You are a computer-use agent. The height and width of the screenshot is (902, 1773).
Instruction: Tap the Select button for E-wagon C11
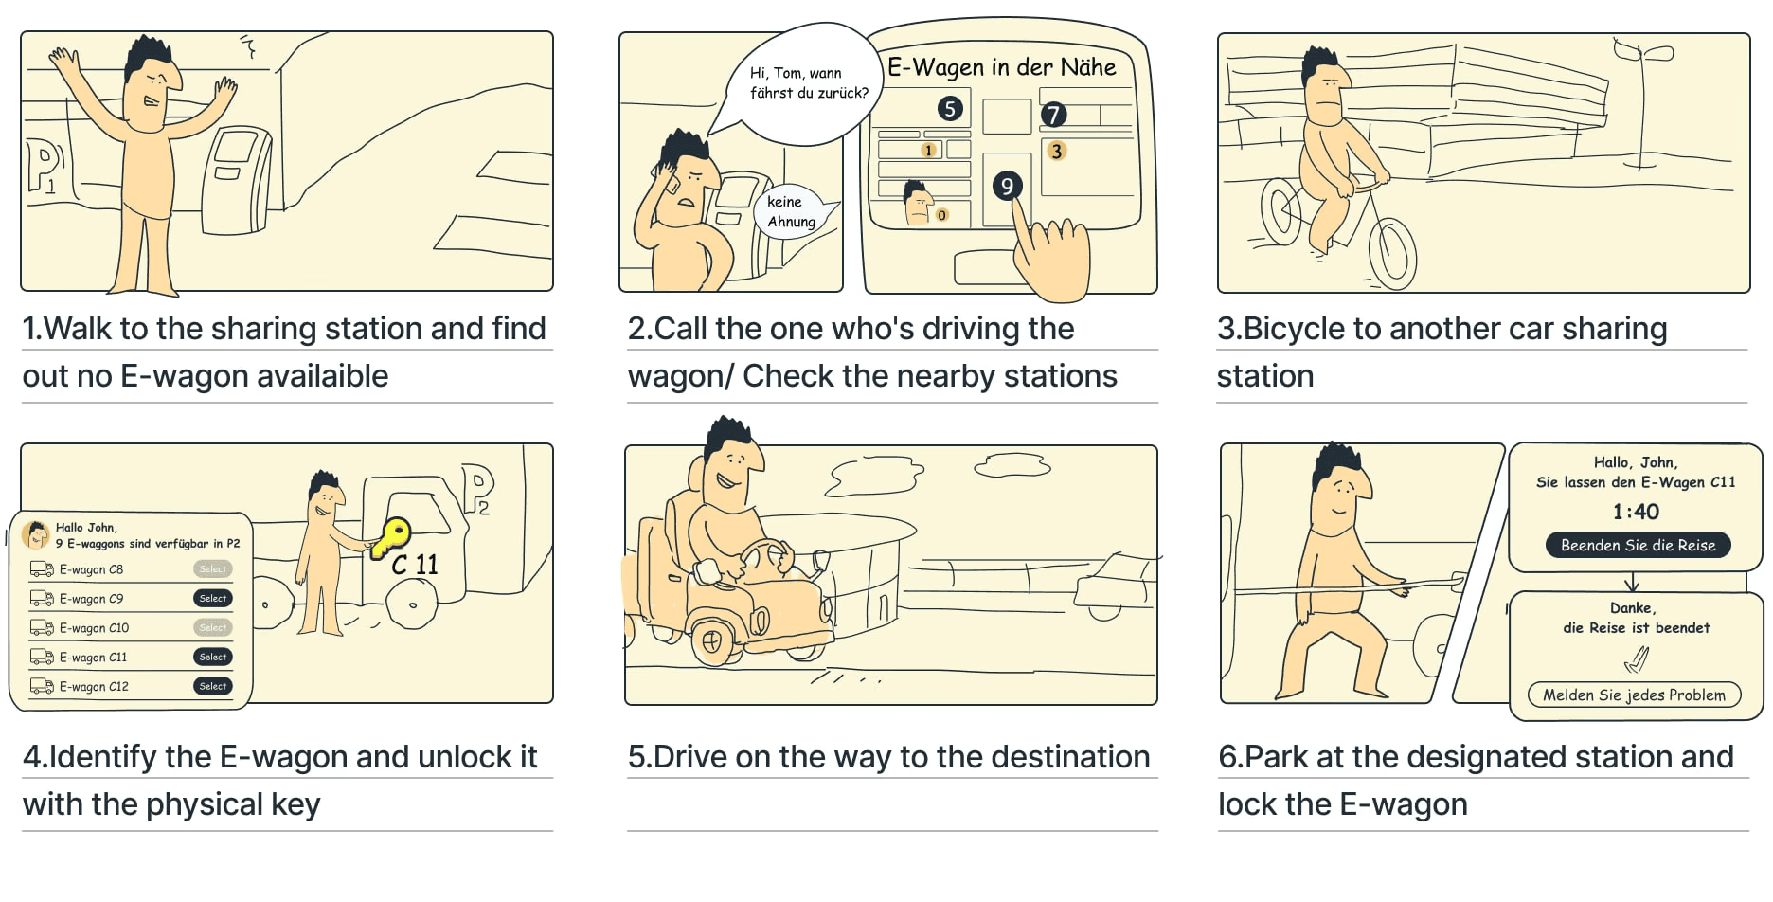click(x=213, y=657)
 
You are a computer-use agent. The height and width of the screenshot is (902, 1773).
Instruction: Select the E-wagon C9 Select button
click(x=213, y=598)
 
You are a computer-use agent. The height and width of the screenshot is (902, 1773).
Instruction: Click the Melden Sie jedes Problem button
click(x=1634, y=695)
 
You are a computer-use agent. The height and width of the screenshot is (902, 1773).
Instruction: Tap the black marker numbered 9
click(x=1007, y=186)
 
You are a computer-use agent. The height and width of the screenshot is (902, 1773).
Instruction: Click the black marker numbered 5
click(x=950, y=109)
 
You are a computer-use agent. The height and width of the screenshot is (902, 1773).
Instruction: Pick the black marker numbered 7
click(x=1053, y=115)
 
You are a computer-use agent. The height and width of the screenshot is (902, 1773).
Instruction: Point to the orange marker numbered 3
click(x=1056, y=151)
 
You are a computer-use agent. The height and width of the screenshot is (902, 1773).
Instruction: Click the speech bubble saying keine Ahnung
click(x=791, y=212)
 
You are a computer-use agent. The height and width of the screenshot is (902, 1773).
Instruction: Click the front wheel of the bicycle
click(x=1392, y=253)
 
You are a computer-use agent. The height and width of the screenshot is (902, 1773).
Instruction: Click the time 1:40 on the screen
click(x=1636, y=512)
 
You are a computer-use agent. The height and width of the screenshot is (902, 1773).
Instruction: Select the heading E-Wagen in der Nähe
click(x=1001, y=67)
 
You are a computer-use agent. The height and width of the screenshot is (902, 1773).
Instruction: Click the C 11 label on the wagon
click(x=415, y=565)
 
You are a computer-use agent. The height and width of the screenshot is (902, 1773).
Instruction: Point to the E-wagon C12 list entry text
click(x=94, y=686)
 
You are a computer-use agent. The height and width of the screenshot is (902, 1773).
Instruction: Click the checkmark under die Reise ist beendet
click(x=1637, y=658)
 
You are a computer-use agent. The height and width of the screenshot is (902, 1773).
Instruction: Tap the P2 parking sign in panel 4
click(x=478, y=487)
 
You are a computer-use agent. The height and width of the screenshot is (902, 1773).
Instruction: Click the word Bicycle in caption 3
click(x=1294, y=328)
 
